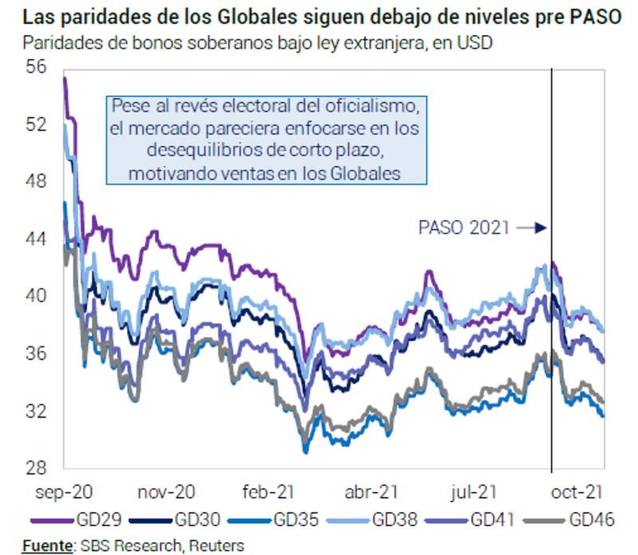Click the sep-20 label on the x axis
click(x=65, y=492)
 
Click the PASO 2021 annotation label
click(x=464, y=228)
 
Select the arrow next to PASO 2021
click(x=531, y=228)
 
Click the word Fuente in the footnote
click(x=46, y=545)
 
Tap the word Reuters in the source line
click(x=216, y=545)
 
